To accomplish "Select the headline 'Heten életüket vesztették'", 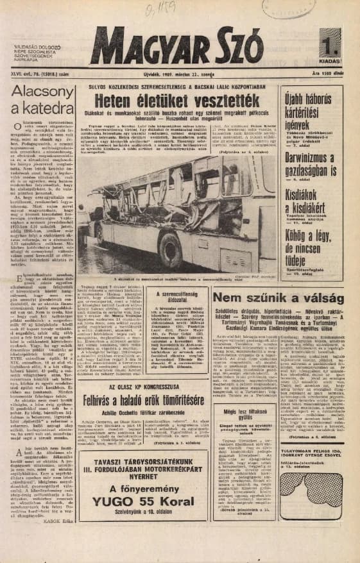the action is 178,101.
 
